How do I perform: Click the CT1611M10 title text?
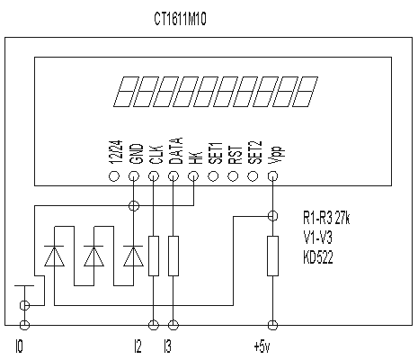point(180,19)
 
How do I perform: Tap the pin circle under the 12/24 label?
point(113,176)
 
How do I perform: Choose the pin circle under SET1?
point(213,176)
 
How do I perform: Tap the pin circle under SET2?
point(253,176)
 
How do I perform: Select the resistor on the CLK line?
point(154,256)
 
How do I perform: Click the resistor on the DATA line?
point(173,256)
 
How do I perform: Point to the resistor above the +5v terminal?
point(272,256)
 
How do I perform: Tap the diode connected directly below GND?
point(133,256)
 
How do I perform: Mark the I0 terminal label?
point(19,346)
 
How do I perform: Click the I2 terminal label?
point(138,346)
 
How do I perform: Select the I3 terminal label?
point(167,346)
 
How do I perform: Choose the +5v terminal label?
point(262,346)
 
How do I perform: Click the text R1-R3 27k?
point(326,218)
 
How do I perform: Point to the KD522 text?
point(318,257)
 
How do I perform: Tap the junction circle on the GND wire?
point(133,206)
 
